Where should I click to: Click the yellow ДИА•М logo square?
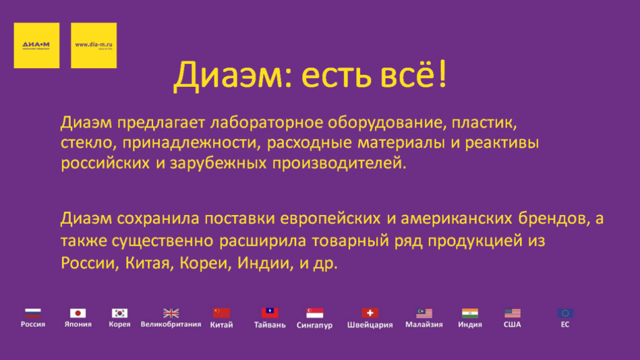(x=36, y=45)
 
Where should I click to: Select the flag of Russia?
(x=32, y=312)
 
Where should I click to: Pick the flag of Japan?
(x=77, y=312)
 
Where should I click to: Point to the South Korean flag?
(x=119, y=312)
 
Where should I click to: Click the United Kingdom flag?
(x=171, y=312)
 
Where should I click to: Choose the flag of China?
(x=221, y=312)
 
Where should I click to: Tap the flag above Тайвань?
(x=270, y=312)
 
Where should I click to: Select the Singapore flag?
(x=314, y=312)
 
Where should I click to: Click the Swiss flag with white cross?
(x=370, y=312)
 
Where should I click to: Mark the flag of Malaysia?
(x=424, y=312)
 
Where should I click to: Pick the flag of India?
(x=470, y=312)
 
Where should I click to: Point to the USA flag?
(x=512, y=312)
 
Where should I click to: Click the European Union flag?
(x=566, y=312)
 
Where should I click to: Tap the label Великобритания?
(x=171, y=324)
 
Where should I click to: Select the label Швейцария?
(x=370, y=325)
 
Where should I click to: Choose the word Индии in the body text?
(x=264, y=262)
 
